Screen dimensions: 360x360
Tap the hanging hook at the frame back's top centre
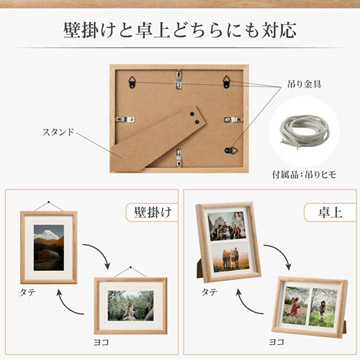tap(180, 72)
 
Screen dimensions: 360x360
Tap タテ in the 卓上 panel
tap(208, 291)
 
